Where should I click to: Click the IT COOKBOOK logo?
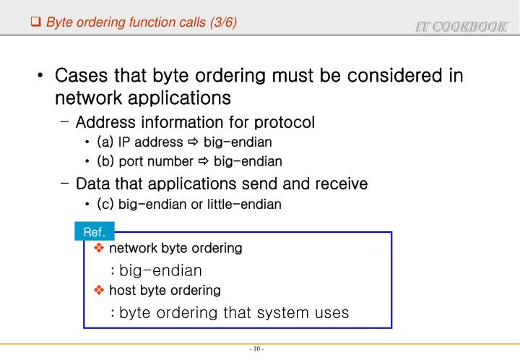pos(461,27)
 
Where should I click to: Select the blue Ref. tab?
pos(95,232)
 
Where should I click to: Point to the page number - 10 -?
pos(256,350)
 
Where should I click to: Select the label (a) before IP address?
pos(105,142)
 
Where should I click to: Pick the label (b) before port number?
pos(105,161)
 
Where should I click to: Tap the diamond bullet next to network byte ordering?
pos(100,249)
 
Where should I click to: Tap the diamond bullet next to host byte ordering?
pos(100,291)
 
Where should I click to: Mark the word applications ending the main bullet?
pos(175,98)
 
